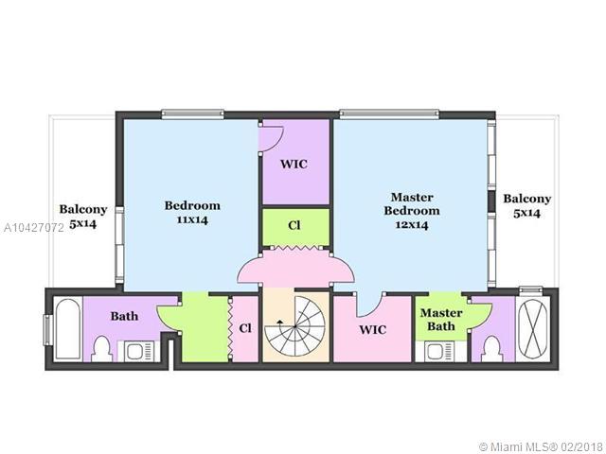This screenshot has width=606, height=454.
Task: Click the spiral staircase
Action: coord(295,326)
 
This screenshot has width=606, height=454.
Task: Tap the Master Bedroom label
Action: coord(412,204)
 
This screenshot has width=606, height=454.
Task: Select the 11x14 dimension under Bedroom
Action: coord(192,220)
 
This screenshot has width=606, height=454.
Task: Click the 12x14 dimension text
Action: coord(412,225)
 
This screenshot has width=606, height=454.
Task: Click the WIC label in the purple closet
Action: coord(294,164)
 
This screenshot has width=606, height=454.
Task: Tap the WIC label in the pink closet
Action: coord(372,330)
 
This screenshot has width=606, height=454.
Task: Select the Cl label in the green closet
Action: coord(294,225)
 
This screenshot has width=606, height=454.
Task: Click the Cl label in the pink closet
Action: coord(245,328)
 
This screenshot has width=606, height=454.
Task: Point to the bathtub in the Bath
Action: coord(67,328)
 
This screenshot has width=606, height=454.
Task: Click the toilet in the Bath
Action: coord(102,349)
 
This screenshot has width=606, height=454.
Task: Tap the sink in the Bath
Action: coord(136,351)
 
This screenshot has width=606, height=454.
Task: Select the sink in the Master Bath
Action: coord(442,352)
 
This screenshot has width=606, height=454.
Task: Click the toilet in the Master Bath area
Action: coord(492,349)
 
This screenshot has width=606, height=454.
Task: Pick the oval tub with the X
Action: coord(532,328)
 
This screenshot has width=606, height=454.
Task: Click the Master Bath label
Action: coord(441,320)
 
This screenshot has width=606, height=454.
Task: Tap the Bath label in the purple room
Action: coord(124,316)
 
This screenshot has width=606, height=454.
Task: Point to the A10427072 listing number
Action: coord(34,228)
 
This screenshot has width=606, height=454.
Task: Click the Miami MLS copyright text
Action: coord(542,446)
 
